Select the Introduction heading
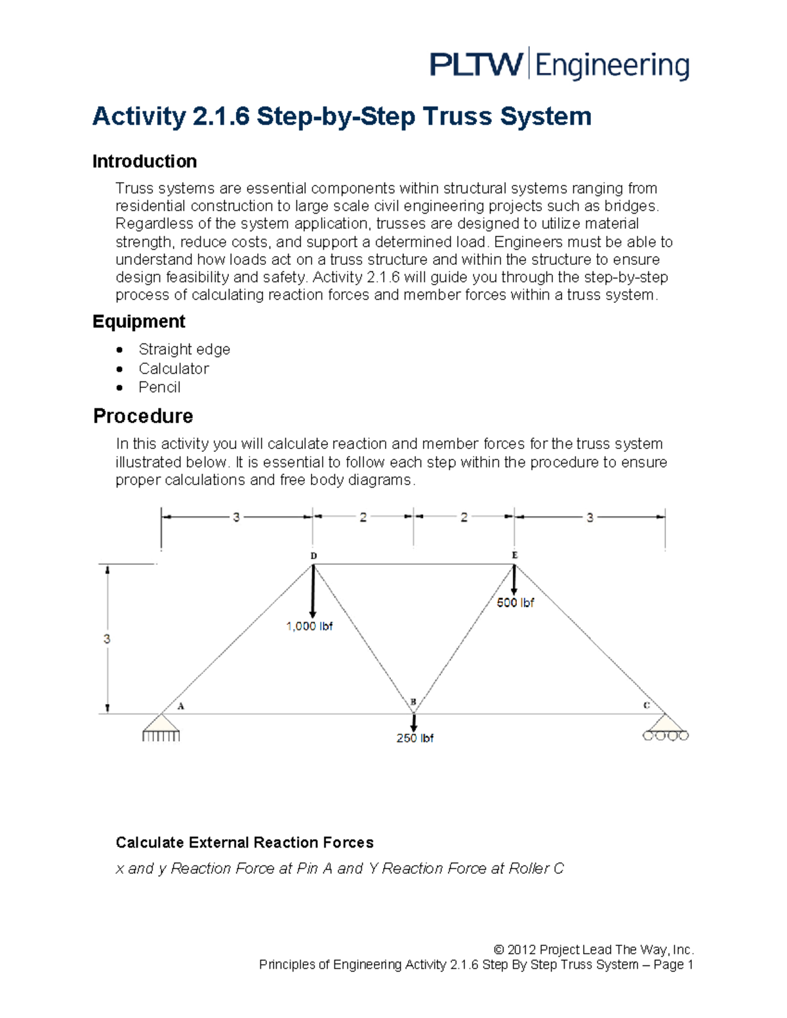tap(144, 161)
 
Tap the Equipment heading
tap(138, 321)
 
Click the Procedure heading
tap(143, 416)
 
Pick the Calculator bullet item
tap(173, 368)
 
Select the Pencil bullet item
tap(159, 387)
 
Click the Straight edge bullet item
tap(184, 349)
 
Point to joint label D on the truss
tap(313, 556)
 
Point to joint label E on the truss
tap(515, 555)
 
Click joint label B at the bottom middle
tap(413, 702)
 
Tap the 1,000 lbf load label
tap(309, 627)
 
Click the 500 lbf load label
tap(515, 603)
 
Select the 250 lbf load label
tap(414, 738)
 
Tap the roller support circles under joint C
tap(666, 736)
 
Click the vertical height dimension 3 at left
tap(107, 639)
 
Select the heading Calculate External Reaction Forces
tap(244, 842)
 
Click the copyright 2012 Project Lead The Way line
tap(593, 949)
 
